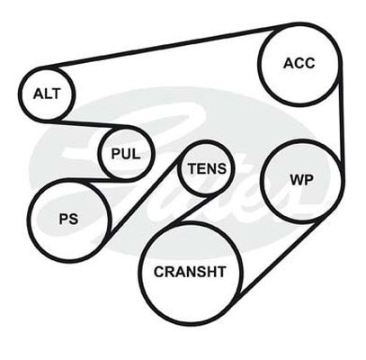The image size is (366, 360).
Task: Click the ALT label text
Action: pos(47,94)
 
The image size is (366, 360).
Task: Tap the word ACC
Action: pos(299,63)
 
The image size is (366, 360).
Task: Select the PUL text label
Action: pos(126,154)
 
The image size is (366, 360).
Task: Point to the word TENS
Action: pos(207,168)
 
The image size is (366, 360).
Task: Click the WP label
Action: pos(301,180)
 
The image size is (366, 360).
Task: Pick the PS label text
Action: pos(68,219)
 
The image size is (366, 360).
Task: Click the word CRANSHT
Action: pos(190,272)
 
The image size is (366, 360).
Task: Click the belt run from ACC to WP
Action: pos(342,120)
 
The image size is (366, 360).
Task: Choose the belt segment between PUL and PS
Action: pos(99,180)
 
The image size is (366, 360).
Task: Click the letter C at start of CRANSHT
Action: pos(159,272)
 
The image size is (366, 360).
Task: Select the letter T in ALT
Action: pos(56,94)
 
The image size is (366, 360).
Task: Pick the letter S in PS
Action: pos(74,219)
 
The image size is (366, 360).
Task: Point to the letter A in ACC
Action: pos(289,63)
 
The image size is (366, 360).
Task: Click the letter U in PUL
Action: pos(126,154)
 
